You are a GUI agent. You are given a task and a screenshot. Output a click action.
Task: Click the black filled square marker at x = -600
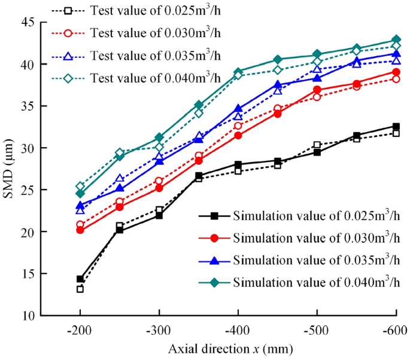pyautogui.click(x=396, y=126)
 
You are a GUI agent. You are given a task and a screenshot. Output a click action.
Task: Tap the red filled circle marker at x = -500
pyautogui.click(x=317, y=90)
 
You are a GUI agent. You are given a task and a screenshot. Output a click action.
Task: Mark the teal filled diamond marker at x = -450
pyautogui.click(x=278, y=59)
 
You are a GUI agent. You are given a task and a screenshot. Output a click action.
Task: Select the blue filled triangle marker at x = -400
pyautogui.click(x=238, y=109)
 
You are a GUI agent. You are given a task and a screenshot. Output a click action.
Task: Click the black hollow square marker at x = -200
pyautogui.click(x=80, y=289)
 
